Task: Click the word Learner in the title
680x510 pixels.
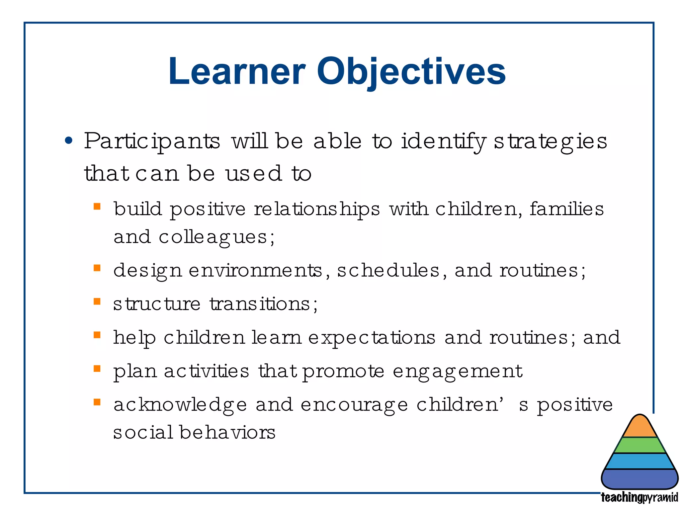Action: click(236, 71)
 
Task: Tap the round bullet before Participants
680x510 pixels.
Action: click(69, 141)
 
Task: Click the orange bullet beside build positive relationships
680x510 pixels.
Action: click(97, 207)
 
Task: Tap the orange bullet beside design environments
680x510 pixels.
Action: click(97, 268)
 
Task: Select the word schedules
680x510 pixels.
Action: click(388, 270)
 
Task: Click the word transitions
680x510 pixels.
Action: click(260, 304)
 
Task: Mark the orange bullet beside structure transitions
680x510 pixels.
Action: click(97, 301)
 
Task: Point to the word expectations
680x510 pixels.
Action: click(372, 338)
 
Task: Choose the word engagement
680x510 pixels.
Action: click(458, 372)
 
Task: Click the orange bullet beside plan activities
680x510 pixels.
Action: click(97, 369)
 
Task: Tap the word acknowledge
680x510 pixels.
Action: click(180, 405)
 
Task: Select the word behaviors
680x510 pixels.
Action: click(227, 433)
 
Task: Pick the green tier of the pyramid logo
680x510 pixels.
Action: click(640, 445)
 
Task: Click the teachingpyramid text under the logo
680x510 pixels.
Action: click(639, 497)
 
